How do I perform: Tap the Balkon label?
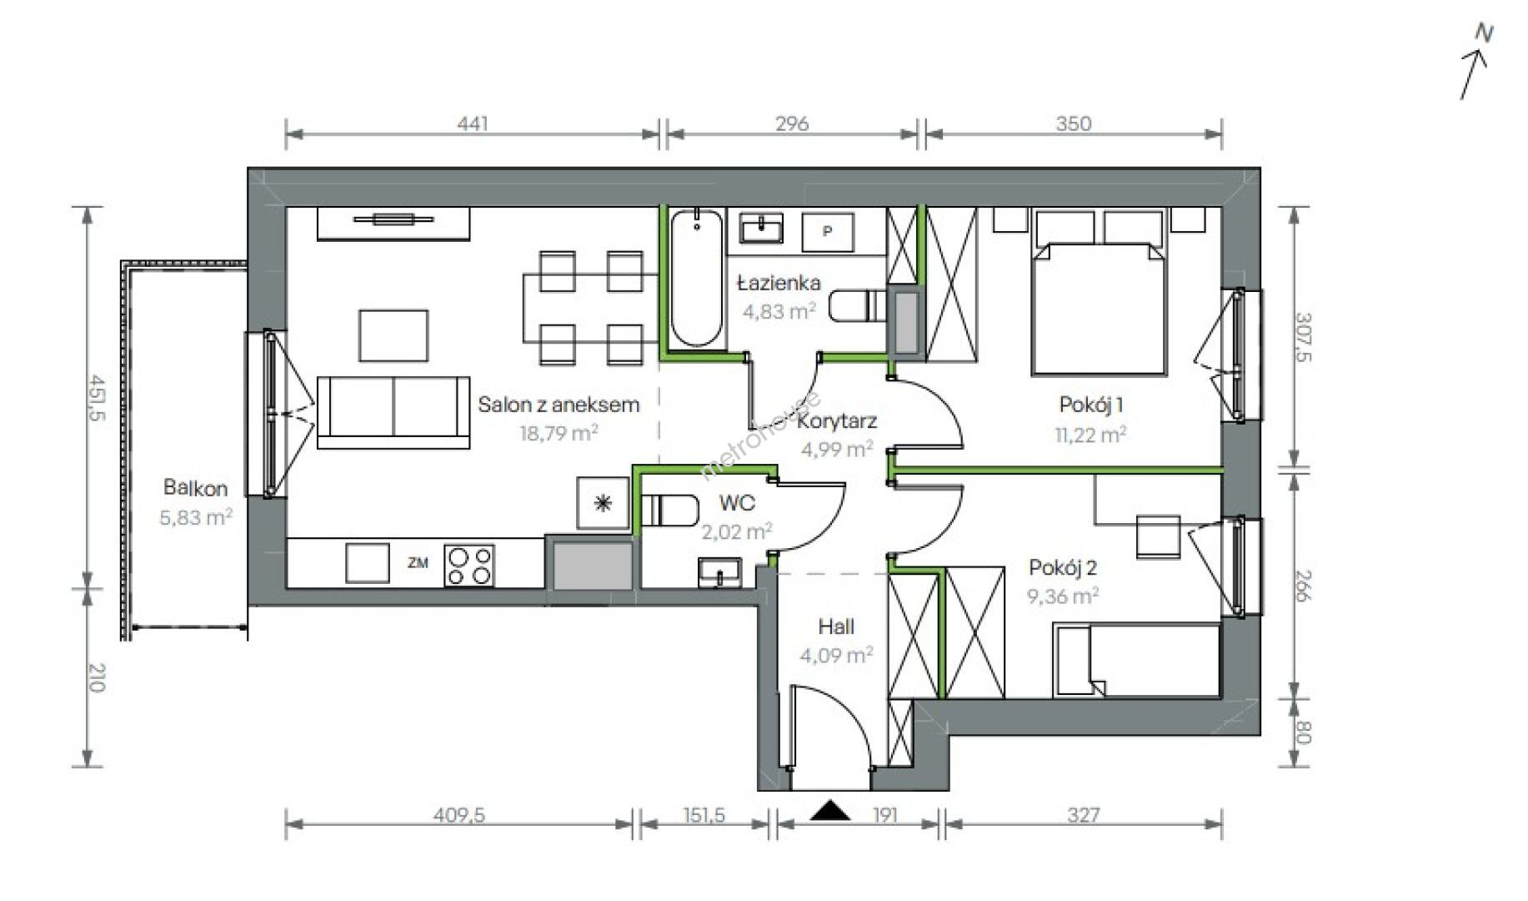tap(195, 487)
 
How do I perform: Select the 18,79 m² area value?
tap(559, 433)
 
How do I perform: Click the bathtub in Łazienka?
tap(697, 278)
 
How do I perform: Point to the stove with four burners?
tap(469, 565)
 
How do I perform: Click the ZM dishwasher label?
tap(418, 563)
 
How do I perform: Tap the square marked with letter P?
tap(828, 231)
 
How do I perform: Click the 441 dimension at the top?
tap(473, 123)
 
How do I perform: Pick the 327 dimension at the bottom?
tap(1083, 814)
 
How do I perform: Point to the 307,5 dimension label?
tap(1304, 337)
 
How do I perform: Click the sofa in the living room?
tap(393, 412)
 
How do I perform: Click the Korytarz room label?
tap(837, 421)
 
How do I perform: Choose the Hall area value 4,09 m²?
tap(836, 656)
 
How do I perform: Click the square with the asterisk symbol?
tap(603, 504)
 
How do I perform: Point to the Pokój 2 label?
tap(1063, 568)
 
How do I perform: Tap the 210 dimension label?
tap(97, 677)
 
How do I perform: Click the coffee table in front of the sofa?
tap(393, 335)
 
